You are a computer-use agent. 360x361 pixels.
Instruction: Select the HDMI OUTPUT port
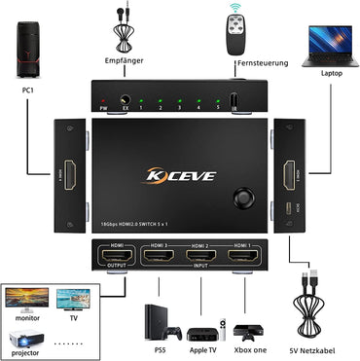[x=114, y=257]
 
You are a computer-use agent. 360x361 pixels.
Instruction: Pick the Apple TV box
[x=201, y=326]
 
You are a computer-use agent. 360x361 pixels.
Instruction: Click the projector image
[x=26, y=336]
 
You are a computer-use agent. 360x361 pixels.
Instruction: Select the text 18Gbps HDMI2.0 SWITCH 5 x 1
[x=150, y=224]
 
